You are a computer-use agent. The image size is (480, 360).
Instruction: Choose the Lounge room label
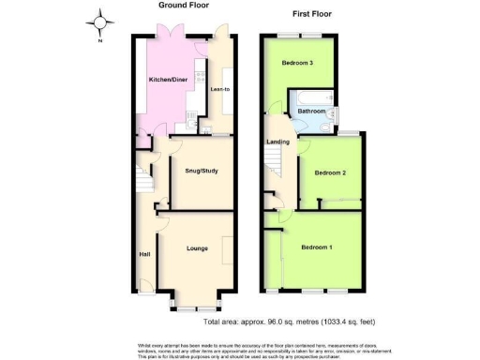[197, 248]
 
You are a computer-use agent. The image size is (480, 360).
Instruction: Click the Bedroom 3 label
[297, 63]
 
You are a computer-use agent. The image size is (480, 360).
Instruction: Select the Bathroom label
[312, 111]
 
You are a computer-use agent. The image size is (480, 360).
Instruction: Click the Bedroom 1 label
[316, 247]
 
